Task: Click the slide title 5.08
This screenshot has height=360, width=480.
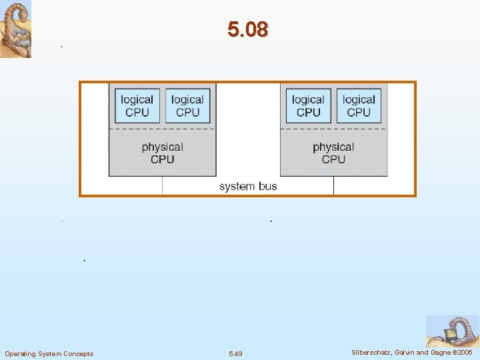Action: pos(247,30)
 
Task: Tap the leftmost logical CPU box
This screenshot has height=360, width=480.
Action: pos(137,106)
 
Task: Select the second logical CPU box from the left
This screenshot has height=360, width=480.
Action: pos(187,106)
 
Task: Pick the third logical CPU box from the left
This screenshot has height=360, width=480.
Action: pos(308,106)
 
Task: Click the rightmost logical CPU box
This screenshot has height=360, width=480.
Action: pos(359,106)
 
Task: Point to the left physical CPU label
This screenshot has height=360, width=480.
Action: pos(162,153)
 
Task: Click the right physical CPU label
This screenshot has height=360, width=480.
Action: pos(333,153)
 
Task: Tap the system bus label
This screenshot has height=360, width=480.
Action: pos(247,187)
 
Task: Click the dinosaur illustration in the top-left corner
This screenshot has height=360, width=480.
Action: pos(15,29)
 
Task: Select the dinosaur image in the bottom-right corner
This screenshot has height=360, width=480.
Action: pos(452,331)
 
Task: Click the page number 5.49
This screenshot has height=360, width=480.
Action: pos(235,353)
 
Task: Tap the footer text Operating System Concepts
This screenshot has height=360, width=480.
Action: pos(49,353)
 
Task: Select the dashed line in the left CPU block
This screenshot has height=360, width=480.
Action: pos(162,129)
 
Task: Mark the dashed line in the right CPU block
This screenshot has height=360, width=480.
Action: pos(333,129)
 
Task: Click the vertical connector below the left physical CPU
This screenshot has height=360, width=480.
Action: pos(162,185)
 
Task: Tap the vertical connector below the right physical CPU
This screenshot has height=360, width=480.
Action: pos(333,185)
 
